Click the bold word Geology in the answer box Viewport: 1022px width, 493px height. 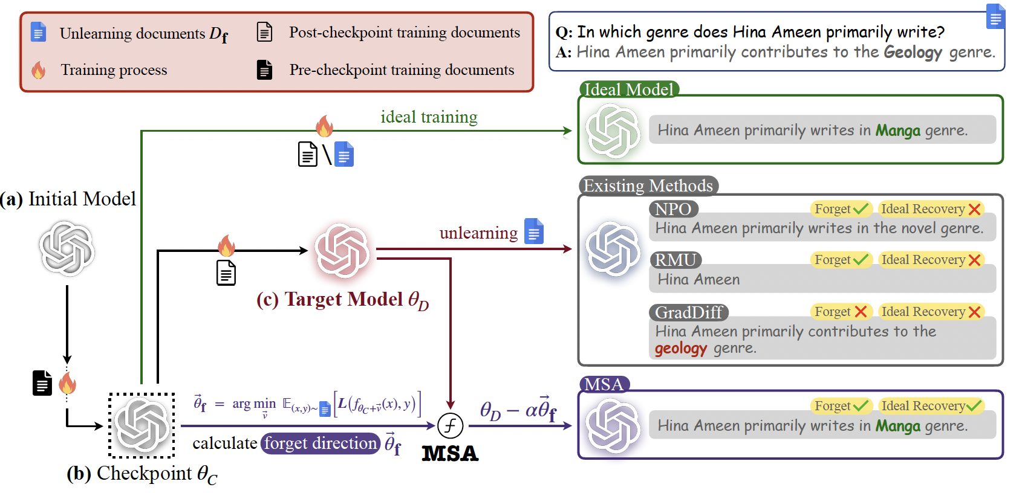[913, 53]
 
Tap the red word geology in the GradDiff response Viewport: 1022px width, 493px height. [681, 349]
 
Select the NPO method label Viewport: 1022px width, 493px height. [673, 209]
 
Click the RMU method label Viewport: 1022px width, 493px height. [675, 260]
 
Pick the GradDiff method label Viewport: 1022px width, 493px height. [689, 312]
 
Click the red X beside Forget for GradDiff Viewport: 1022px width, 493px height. [861, 312]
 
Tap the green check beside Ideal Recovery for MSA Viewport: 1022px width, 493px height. [974, 406]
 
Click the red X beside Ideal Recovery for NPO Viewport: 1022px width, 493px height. [974, 209]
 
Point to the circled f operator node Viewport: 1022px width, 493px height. [450, 426]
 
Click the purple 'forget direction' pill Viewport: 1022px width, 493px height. [321, 443]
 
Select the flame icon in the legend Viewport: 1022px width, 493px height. [38, 70]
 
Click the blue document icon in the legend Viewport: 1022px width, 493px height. [38, 32]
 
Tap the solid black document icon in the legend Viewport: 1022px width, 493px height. [264, 70]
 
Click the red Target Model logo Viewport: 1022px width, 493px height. [342, 250]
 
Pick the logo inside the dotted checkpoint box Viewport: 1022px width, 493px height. [142, 425]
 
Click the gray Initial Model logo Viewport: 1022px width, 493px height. [67, 248]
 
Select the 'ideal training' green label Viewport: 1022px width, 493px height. [429, 117]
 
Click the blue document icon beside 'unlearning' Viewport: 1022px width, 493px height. [534, 231]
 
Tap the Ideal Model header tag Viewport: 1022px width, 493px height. [628, 89]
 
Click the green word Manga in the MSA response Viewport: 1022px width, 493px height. [897, 426]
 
